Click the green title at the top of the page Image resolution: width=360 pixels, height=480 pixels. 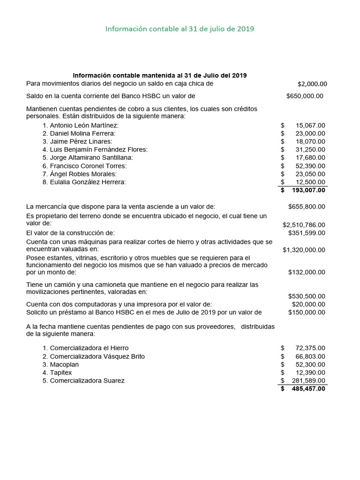(x=180, y=29)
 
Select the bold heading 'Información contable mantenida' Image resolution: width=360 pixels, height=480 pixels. (x=159, y=75)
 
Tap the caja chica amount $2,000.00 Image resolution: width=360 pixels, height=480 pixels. (x=312, y=84)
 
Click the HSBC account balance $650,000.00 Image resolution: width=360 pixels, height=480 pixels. (x=305, y=96)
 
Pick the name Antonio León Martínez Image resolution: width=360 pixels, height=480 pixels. (x=81, y=126)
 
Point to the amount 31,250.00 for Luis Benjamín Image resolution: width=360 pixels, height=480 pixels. (x=310, y=150)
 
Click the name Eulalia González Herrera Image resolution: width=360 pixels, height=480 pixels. (x=84, y=182)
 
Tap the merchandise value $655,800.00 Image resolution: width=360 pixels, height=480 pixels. (x=307, y=207)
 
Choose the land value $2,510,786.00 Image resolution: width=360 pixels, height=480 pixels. (x=304, y=225)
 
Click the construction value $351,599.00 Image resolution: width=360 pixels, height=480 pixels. (x=307, y=233)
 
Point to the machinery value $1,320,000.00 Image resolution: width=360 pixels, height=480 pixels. (x=304, y=250)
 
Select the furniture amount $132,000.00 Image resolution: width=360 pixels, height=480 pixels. (x=307, y=272)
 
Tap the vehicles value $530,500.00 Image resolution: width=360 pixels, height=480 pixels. (x=307, y=296)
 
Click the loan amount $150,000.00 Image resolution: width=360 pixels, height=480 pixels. (x=307, y=312)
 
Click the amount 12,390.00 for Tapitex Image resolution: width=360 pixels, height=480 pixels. (x=310, y=373)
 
